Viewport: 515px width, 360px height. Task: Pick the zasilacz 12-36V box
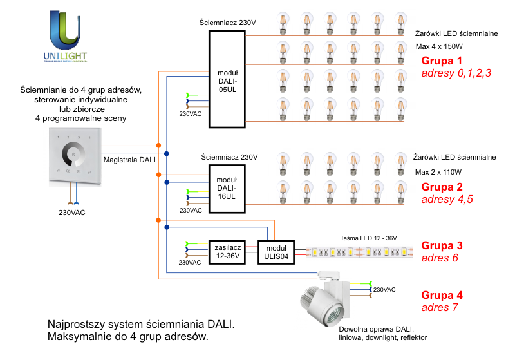tap(227, 251)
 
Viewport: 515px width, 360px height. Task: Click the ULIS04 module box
tap(276, 251)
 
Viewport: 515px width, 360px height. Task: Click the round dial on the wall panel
tap(74, 156)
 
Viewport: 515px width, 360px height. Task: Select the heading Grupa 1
tap(442, 61)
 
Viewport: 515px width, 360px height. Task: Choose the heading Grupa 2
tap(442, 187)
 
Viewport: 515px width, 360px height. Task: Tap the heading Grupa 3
tap(442, 245)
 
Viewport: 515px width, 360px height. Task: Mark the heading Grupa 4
tap(442, 296)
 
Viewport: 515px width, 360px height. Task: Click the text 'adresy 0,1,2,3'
tap(456, 73)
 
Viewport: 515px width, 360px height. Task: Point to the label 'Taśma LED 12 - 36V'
tap(368, 238)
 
